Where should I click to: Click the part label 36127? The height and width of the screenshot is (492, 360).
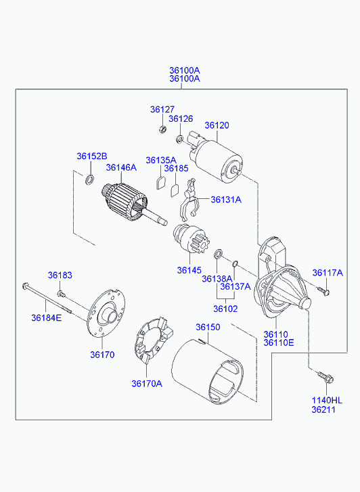click(162, 110)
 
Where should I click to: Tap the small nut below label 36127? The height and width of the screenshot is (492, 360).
click(162, 129)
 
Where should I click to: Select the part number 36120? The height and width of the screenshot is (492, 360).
click(217, 125)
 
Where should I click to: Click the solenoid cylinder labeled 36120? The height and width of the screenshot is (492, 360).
click(216, 159)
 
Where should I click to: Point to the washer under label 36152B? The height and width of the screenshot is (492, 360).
click(89, 180)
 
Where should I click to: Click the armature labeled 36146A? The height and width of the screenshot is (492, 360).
click(133, 204)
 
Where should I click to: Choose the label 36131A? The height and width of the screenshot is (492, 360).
click(226, 200)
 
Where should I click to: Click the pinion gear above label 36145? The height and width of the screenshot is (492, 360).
click(191, 240)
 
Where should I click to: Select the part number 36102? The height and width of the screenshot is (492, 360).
click(225, 309)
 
